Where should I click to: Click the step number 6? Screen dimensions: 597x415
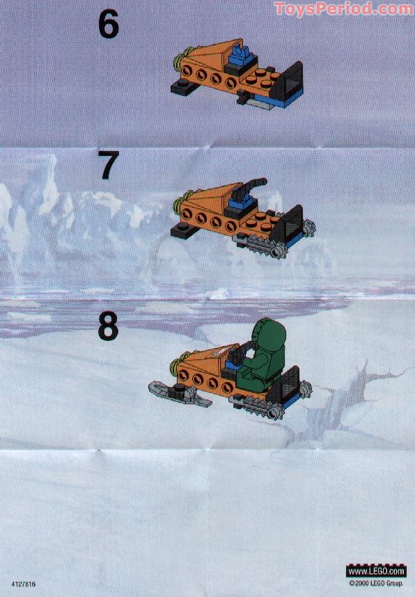108,24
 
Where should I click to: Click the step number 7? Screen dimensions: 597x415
108,166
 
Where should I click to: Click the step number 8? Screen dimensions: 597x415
108,326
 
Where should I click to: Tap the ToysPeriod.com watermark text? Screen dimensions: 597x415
343,8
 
